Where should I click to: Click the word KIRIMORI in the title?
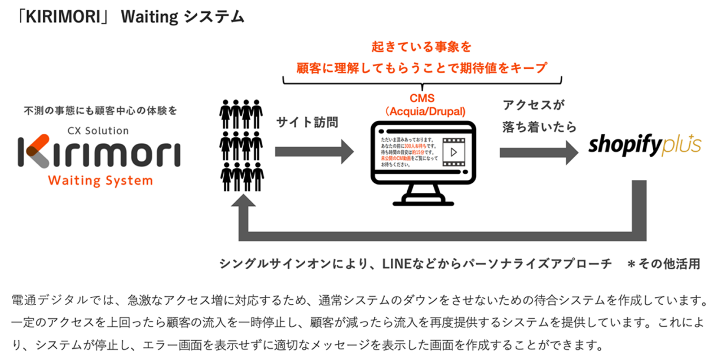(71, 17)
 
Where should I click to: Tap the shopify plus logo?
(645, 145)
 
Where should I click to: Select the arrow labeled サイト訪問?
(314, 151)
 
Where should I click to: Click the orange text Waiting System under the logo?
(100, 181)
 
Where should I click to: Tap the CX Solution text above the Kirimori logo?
(100, 130)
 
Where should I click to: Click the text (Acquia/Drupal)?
(422, 111)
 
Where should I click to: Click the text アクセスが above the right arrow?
(533, 106)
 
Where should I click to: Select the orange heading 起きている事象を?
(421, 47)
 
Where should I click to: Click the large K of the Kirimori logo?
(36, 151)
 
